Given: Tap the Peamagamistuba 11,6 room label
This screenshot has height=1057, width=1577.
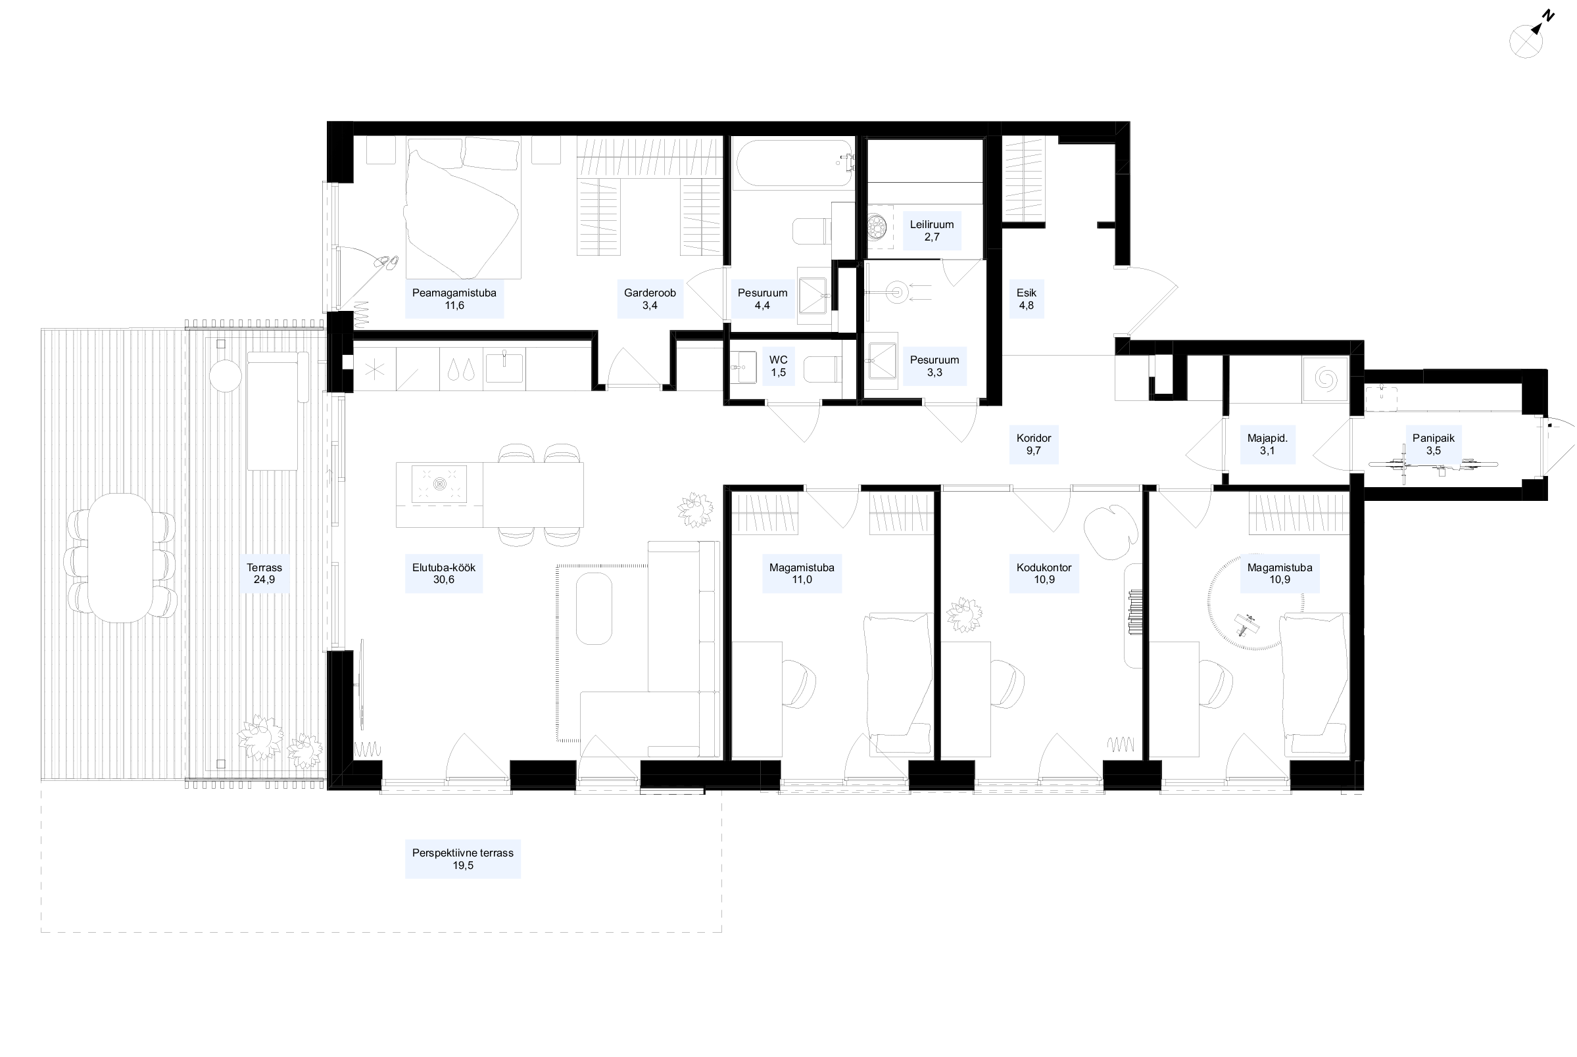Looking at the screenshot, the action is pos(454,299).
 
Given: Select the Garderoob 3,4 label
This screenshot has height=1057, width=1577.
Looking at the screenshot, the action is pos(649,299).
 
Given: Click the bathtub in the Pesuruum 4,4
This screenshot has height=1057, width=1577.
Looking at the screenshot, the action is pos(794,162).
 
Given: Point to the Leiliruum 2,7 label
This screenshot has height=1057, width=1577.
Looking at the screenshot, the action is pos(932,231).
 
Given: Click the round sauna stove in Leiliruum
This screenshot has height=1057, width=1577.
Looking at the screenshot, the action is pos(877,227).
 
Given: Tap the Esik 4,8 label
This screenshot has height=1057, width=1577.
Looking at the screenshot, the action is pos(1026,299).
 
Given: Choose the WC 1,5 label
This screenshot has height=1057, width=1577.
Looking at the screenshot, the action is pos(778,366).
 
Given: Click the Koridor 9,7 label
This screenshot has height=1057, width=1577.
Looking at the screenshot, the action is pos(1034,444).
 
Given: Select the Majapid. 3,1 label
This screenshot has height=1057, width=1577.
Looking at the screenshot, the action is pos(1267,444).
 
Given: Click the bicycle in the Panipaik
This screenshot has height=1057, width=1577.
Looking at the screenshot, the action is pos(1433,466).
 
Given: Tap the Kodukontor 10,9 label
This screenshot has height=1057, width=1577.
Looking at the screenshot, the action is pos(1044,574).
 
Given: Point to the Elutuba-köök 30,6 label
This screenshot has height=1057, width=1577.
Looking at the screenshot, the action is pos(444,574).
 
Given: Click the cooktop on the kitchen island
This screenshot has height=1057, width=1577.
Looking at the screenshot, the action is pos(439,483).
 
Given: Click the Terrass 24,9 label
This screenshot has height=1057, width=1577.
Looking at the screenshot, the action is pos(264,574).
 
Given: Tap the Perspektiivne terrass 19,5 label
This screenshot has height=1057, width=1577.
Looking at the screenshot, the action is pos(463,858).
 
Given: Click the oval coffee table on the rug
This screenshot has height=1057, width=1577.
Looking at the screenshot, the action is pos(594,609).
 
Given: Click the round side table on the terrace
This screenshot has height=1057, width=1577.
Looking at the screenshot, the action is pos(225,375).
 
